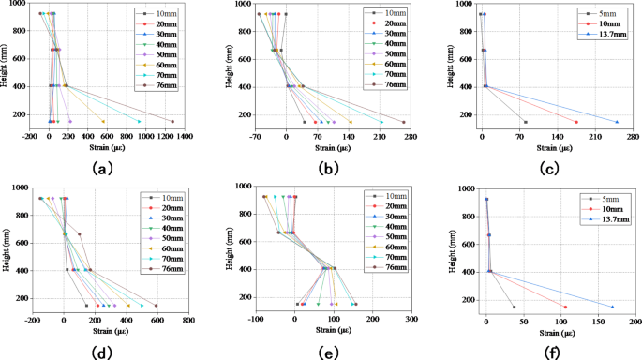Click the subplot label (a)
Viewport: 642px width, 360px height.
click(x=104, y=169)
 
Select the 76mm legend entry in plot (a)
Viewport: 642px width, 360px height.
click(x=162, y=85)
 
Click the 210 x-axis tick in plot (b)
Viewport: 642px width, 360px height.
click(x=380, y=136)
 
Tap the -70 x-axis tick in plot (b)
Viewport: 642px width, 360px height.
click(x=257, y=136)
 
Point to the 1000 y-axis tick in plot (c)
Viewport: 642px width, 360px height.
click(x=465, y=5)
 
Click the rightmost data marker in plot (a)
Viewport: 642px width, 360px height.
click(x=172, y=121)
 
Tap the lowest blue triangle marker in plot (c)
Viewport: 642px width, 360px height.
click(x=617, y=122)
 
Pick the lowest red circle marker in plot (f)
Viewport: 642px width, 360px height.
click(x=565, y=307)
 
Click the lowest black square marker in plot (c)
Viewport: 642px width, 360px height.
click(x=525, y=122)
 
